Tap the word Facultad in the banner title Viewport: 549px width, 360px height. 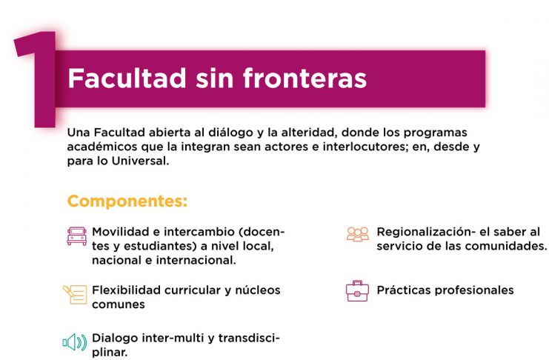click(127, 78)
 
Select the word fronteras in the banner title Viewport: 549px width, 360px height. click(305, 78)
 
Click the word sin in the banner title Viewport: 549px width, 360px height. click(214, 78)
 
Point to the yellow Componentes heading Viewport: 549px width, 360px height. click(127, 201)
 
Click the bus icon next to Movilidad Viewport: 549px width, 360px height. click(77, 236)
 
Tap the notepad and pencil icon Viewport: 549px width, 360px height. click(75, 295)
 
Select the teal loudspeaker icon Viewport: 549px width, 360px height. click(75, 342)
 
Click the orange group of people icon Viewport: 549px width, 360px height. click(358, 234)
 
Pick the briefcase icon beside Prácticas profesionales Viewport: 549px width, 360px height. click(357, 290)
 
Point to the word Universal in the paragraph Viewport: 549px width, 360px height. click(141, 161)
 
